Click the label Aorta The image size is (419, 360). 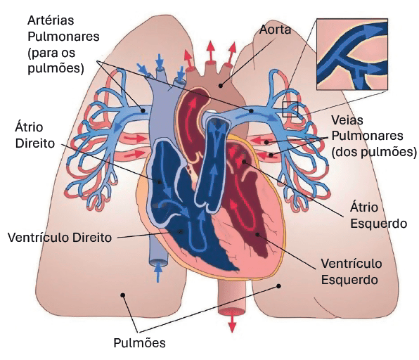(x=275, y=30)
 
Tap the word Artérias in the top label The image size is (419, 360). (x=51, y=20)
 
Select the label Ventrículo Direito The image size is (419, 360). (x=60, y=238)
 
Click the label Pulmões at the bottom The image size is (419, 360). (x=139, y=343)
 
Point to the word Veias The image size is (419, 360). (x=347, y=120)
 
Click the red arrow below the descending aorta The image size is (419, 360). (x=232, y=323)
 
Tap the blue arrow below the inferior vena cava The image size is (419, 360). (x=158, y=272)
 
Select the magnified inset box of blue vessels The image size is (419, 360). (x=352, y=54)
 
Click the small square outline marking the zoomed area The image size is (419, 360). (x=290, y=109)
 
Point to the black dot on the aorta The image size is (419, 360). (x=221, y=86)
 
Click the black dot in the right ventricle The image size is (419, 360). (x=181, y=231)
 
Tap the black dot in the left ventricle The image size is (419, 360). (x=257, y=234)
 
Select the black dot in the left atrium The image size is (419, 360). (x=244, y=162)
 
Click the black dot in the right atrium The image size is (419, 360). (x=160, y=182)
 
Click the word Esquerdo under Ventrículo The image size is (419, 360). (x=349, y=280)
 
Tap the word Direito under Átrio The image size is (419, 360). (x=35, y=143)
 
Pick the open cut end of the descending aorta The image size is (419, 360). (x=232, y=311)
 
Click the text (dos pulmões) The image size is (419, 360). (x=374, y=152)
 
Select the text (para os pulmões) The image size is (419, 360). (x=56, y=60)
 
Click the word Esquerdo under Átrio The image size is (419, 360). (x=379, y=224)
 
